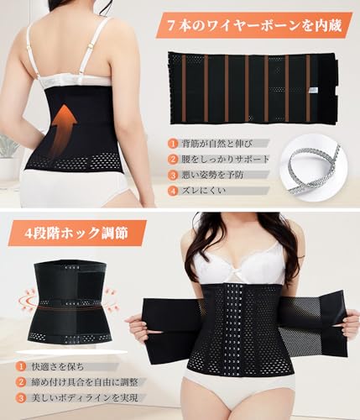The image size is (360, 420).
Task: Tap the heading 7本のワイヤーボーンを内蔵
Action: coord(254,26)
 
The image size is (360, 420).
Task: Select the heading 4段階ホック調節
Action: coord(76,233)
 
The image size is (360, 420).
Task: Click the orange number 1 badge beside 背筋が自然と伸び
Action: coord(174,144)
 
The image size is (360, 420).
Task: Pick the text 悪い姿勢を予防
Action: coord(212,175)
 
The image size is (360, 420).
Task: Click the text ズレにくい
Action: coord(204,191)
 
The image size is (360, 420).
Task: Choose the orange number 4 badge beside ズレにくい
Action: coord(174,191)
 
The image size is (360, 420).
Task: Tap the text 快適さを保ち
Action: coord(58,366)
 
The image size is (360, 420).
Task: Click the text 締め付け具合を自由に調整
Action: coord(85,382)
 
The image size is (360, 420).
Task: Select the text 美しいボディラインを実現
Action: coord(85,397)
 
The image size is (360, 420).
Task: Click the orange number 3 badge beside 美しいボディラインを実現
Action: coord(21,398)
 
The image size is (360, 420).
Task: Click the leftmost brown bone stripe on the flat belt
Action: coord(184,88)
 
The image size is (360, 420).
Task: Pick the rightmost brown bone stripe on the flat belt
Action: coord(308,88)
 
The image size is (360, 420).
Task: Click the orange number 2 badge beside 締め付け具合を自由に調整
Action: coord(21,382)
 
